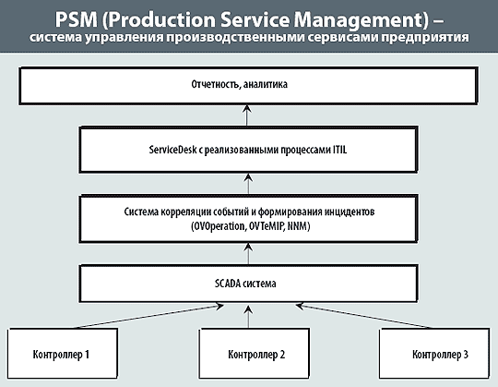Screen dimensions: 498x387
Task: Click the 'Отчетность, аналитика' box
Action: pos(248,85)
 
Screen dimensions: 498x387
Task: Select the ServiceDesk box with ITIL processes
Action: pos(248,150)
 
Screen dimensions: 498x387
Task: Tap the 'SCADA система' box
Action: pos(248,284)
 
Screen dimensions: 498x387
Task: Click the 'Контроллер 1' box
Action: pos(63,354)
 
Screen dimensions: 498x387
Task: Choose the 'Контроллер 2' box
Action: pos(255,354)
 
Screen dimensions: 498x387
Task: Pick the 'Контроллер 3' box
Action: pos(434,354)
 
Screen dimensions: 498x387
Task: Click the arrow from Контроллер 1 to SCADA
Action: pos(149,317)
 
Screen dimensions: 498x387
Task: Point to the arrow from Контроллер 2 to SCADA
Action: pos(249,317)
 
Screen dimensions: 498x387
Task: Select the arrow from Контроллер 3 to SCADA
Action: pos(363,316)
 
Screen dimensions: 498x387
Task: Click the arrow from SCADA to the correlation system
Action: pos(249,254)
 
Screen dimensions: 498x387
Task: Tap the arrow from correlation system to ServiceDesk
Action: pos(249,184)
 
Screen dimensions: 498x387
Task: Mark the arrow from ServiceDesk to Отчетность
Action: pos(247,115)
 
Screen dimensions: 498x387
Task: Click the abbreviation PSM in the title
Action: pos(77,19)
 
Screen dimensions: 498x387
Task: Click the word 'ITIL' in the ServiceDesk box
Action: pos(339,150)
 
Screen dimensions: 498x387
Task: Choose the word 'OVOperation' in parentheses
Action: pos(219,226)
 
